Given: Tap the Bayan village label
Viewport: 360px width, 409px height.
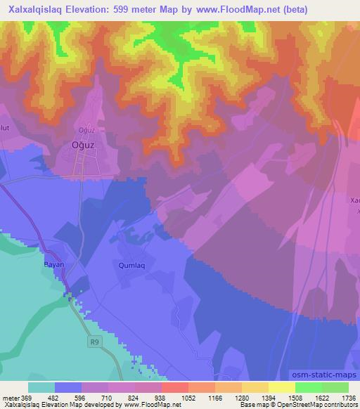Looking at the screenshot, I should point(54,265).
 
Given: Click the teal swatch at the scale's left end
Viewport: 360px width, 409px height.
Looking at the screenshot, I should point(41,387).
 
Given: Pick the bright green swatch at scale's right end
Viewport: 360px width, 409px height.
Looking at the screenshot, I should point(335,387).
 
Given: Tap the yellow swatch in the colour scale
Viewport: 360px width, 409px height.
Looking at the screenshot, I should point(281,387).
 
